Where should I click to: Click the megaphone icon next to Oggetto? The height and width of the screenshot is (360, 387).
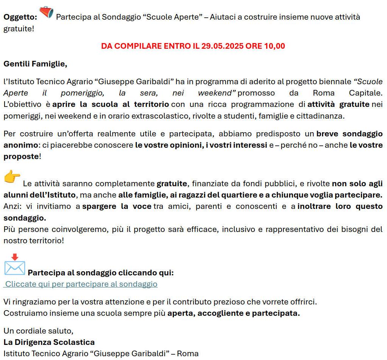[x=46, y=12]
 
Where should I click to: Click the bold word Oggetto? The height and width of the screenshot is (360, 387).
[x=20, y=17]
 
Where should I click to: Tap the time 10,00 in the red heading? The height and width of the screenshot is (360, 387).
[x=274, y=46]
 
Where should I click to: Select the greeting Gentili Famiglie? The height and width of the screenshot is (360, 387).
[x=35, y=64]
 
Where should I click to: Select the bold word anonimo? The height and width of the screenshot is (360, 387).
[x=20, y=145]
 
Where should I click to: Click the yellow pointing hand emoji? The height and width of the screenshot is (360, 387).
[x=12, y=177]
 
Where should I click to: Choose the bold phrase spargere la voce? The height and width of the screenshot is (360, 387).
[x=117, y=207]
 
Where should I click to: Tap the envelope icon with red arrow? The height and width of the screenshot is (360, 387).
[x=14, y=265]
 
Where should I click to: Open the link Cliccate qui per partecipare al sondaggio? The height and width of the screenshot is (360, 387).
[x=81, y=284]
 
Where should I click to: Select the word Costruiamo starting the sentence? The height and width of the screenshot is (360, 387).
[x=23, y=313]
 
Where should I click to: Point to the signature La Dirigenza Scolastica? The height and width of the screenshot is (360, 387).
[x=49, y=342]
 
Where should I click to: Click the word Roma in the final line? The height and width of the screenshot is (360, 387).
[x=188, y=354]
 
